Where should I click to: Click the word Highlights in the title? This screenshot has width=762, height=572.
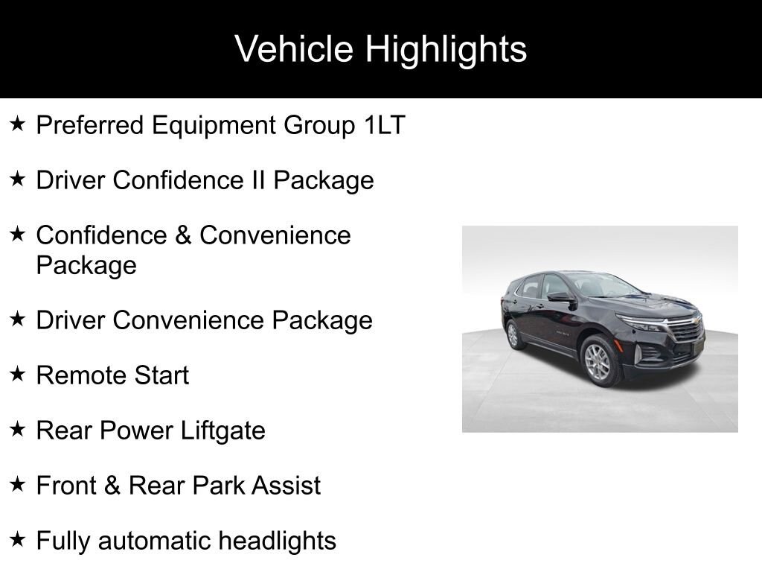click(x=446, y=49)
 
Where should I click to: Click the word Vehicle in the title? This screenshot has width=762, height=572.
click(x=294, y=49)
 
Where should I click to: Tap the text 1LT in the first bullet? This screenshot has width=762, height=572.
click(x=385, y=125)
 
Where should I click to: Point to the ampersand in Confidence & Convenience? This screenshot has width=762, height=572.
click(x=182, y=235)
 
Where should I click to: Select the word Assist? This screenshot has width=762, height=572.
click(x=286, y=486)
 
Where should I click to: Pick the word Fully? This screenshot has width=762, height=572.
click(x=64, y=541)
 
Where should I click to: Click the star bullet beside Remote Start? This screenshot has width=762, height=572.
click(x=18, y=374)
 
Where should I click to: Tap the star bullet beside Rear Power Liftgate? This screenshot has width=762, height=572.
click(x=18, y=429)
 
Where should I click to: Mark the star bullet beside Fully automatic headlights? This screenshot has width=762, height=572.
click(x=18, y=539)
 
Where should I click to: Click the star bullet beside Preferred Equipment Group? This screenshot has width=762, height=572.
click(x=18, y=124)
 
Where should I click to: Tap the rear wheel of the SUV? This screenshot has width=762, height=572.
click(x=513, y=335)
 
